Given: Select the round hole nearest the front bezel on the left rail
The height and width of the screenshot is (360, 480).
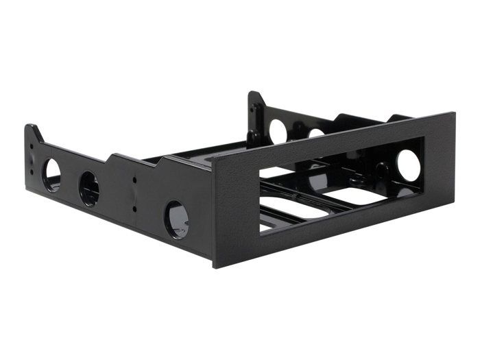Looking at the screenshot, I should click(x=176, y=219).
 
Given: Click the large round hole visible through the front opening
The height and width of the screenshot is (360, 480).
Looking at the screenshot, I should click(x=408, y=166).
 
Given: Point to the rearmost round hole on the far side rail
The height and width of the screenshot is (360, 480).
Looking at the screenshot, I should click(x=278, y=130).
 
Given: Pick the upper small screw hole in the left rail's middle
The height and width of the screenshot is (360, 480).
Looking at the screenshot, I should click(x=134, y=181).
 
